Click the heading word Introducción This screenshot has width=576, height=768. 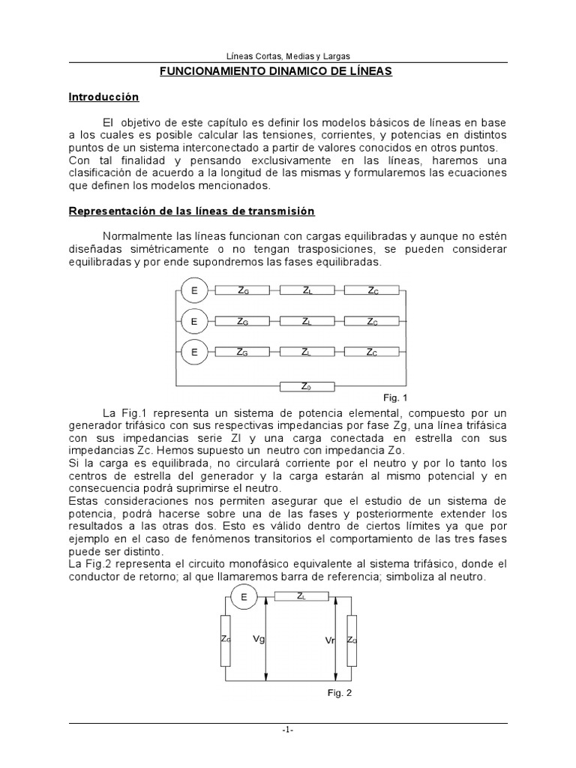[103, 97]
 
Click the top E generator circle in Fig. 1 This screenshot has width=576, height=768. [193, 291]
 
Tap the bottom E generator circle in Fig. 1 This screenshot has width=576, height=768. [193, 351]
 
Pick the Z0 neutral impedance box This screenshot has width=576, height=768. [306, 386]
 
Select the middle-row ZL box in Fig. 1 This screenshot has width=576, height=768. [307, 321]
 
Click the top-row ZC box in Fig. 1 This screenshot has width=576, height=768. [372, 291]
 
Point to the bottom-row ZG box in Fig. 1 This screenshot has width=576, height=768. [242, 351]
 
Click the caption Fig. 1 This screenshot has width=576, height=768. [394, 397]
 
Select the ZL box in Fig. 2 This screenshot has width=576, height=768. [301, 597]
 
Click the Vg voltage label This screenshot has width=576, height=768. [259, 639]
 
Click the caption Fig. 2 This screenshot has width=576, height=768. [339, 693]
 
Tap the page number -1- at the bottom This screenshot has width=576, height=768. [288, 731]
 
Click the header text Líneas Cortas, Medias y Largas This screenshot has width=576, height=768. [288, 55]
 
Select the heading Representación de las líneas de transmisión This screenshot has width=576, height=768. [192, 211]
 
